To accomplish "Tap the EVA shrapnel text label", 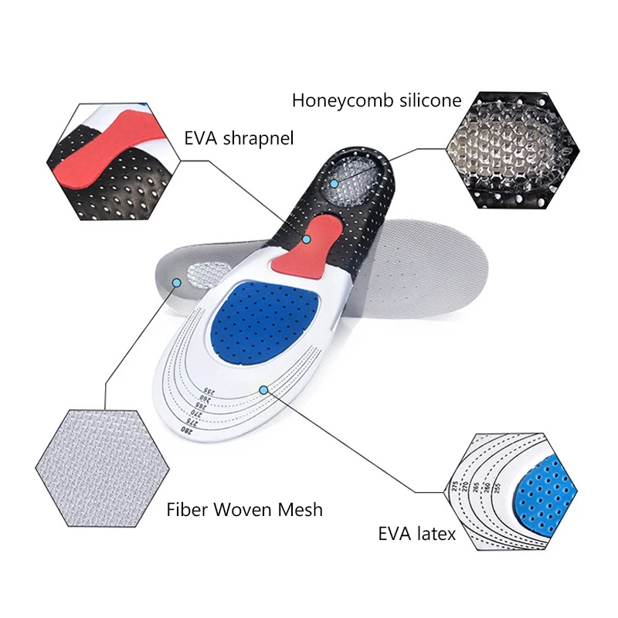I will tap(239, 139).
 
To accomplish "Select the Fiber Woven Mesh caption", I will tap(245, 510).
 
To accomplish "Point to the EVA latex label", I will tap(416, 534).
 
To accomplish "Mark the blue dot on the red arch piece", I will tap(307, 239).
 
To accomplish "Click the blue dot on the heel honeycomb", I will tap(333, 184).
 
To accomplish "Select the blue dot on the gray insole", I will tap(177, 284).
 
